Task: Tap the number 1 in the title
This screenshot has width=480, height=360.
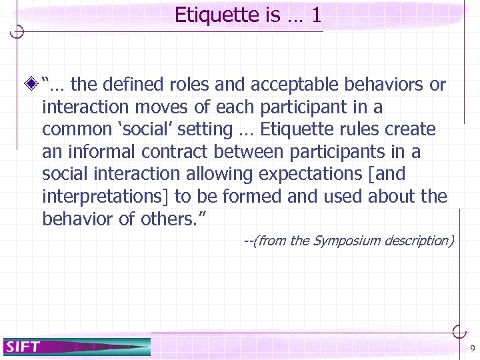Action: pyautogui.click(x=315, y=15)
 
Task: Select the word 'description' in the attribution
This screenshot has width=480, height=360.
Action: pyautogui.click(x=415, y=241)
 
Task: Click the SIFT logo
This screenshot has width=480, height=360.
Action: pyautogui.click(x=24, y=346)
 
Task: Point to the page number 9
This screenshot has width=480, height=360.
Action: pyautogui.click(x=472, y=349)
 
